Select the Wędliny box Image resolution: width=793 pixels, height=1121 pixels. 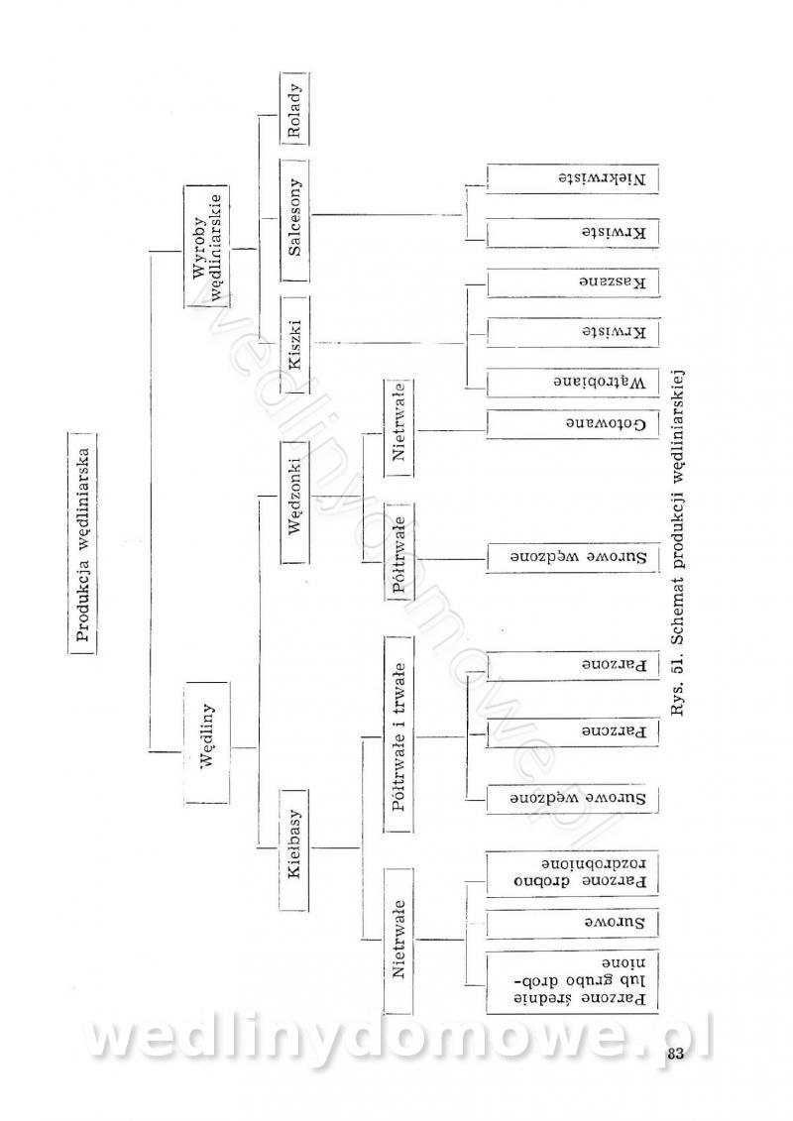tap(208, 741)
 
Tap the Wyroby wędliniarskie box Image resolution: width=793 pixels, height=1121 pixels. tap(208, 247)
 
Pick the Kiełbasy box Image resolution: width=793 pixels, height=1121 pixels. tap(294, 849)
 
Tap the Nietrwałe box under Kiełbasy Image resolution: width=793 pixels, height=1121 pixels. tap(397, 939)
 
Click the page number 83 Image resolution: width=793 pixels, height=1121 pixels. tap(676, 1054)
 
